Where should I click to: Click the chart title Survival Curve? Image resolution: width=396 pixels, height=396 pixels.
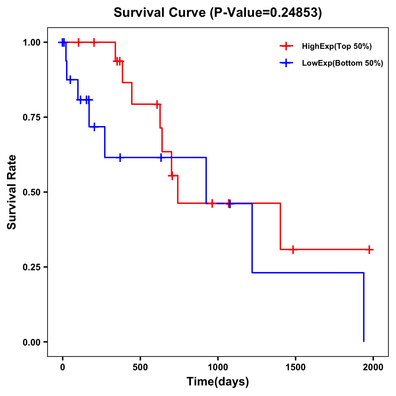[217, 13]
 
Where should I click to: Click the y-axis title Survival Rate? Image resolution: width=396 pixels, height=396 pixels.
[12, 192]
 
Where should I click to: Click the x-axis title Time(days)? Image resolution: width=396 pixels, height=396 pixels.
[217, 381]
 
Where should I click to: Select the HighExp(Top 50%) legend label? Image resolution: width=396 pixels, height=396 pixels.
[337, 47]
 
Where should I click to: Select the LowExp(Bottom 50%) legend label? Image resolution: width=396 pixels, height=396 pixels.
[343, 63]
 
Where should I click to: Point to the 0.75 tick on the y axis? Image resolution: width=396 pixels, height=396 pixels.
[33, 117]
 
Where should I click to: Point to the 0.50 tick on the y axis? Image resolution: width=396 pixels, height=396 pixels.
[33, 192]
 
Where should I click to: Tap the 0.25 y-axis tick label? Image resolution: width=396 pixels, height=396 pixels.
[33, 267]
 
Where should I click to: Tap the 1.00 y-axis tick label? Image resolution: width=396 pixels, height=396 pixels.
[33, 43]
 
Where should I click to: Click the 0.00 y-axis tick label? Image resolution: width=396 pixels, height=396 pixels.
[33, 342]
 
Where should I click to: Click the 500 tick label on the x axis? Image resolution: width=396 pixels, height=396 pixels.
[140, 367]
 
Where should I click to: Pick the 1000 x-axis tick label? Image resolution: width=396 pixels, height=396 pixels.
[218, 367]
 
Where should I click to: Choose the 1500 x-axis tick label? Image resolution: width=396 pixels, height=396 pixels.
[295, 367]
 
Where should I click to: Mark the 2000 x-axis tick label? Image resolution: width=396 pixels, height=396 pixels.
[373, 367]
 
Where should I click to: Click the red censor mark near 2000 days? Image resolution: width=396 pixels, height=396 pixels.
[369, 249]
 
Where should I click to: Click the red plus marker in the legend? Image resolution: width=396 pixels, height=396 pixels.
[286, 46]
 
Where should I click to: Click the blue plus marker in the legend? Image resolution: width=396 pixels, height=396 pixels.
[286, 63]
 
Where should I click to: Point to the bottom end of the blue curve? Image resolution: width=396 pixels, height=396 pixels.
[364, 341]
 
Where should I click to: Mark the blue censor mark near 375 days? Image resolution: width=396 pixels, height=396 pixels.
[120, 157]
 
